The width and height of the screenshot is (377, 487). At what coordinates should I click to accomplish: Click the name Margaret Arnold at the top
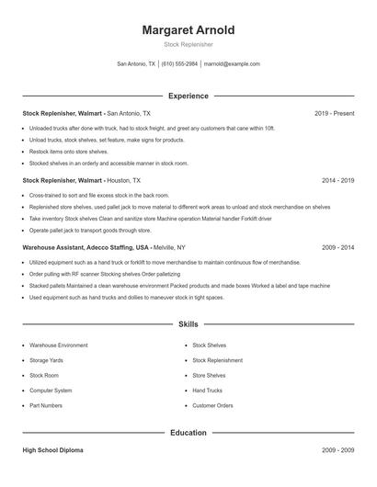(x=188, y=30)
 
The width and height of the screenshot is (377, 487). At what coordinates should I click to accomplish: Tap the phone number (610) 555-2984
(x=179, y=64)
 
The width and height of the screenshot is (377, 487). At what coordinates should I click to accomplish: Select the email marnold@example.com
(x=232, y=64)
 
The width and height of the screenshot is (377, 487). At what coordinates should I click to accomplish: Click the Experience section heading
(x=188, y=96)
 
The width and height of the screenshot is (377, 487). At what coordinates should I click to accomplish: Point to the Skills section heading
(x=188, y=324)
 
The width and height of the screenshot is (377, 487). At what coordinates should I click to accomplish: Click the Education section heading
(x=188, y=432)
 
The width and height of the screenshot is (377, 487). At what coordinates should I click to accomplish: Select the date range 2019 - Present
(x=334, y=113)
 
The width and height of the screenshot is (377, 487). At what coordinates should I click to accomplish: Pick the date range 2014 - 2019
(x=337, y=181)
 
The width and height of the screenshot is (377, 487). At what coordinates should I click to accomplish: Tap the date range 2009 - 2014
(x=337, y=248)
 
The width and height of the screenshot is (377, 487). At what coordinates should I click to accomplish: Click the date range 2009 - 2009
(x=337, y=450)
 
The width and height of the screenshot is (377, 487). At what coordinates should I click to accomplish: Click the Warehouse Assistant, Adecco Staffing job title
(x=86, y=248)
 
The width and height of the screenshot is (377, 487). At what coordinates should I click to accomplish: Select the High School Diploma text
(x=54, y=450)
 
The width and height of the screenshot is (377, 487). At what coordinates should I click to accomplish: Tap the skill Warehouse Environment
(x=59, y=345)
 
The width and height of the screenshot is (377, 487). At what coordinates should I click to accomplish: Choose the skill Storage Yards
(x=47, y=360)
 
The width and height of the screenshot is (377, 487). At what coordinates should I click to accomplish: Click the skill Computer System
(x=51, y=391)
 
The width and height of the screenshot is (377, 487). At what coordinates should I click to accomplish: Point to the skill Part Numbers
(x=46, y=405)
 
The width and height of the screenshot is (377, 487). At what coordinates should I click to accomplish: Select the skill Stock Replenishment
(x=217, y=360)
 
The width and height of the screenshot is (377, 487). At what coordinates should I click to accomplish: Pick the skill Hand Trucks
(x=207, y=391)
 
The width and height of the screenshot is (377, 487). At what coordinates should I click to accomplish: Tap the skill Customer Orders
(x=212, y=405)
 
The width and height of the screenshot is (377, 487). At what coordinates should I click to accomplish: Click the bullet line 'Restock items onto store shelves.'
(x=69, y=151)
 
